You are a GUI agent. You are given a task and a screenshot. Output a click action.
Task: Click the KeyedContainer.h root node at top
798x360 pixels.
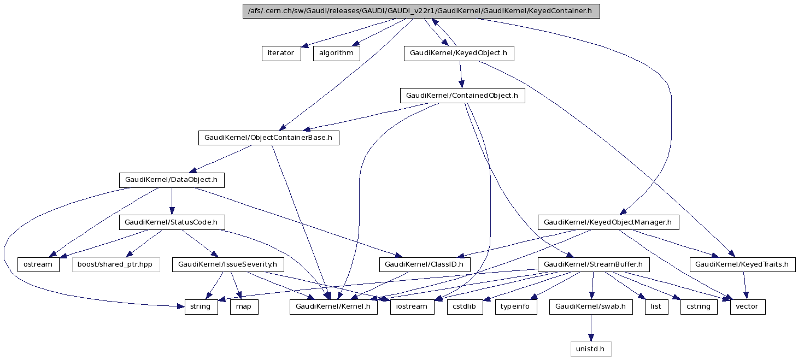tap(421, 11)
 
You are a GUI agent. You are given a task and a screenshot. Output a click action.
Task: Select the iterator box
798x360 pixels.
tap(281, 54)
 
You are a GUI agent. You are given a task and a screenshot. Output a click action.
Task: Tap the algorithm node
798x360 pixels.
tap(336, 54)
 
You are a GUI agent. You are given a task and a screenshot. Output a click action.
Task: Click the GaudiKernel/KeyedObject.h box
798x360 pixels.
tap(459, 54)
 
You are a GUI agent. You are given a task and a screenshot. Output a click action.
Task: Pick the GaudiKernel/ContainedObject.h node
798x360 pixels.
tap(462, 96)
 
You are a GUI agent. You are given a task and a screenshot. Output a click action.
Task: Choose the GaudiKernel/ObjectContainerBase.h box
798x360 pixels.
tap(268, 138)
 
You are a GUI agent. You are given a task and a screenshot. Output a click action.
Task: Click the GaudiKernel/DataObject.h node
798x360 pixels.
tap(172, 180)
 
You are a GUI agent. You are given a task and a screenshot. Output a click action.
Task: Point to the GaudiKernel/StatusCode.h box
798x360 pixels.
tap(171, 222)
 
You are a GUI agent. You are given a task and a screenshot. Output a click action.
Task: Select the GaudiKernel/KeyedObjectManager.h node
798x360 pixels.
tap(608, 222)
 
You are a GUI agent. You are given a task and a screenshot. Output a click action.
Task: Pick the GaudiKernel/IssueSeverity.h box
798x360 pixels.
tap(228, 264)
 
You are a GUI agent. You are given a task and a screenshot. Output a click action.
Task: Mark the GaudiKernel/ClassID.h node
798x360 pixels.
tap(425, 264)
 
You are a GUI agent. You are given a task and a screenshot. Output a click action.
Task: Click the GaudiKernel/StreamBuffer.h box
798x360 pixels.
tap(594, 264)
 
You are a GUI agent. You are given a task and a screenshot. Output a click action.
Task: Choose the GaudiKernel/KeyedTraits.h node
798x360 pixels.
tap(742, 264)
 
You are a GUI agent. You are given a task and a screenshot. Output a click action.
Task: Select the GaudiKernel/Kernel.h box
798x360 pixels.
tap(333, 306)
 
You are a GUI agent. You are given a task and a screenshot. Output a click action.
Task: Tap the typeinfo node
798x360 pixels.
tap(516, 306)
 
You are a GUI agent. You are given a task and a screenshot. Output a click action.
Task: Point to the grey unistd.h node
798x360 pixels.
tap(591, 349)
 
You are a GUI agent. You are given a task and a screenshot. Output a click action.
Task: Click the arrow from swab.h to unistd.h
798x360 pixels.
tap(591, 328)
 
